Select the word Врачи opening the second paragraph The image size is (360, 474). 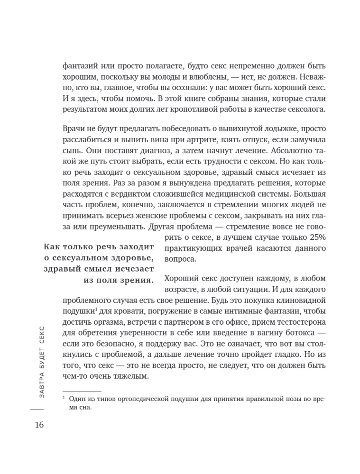[74, 129]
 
